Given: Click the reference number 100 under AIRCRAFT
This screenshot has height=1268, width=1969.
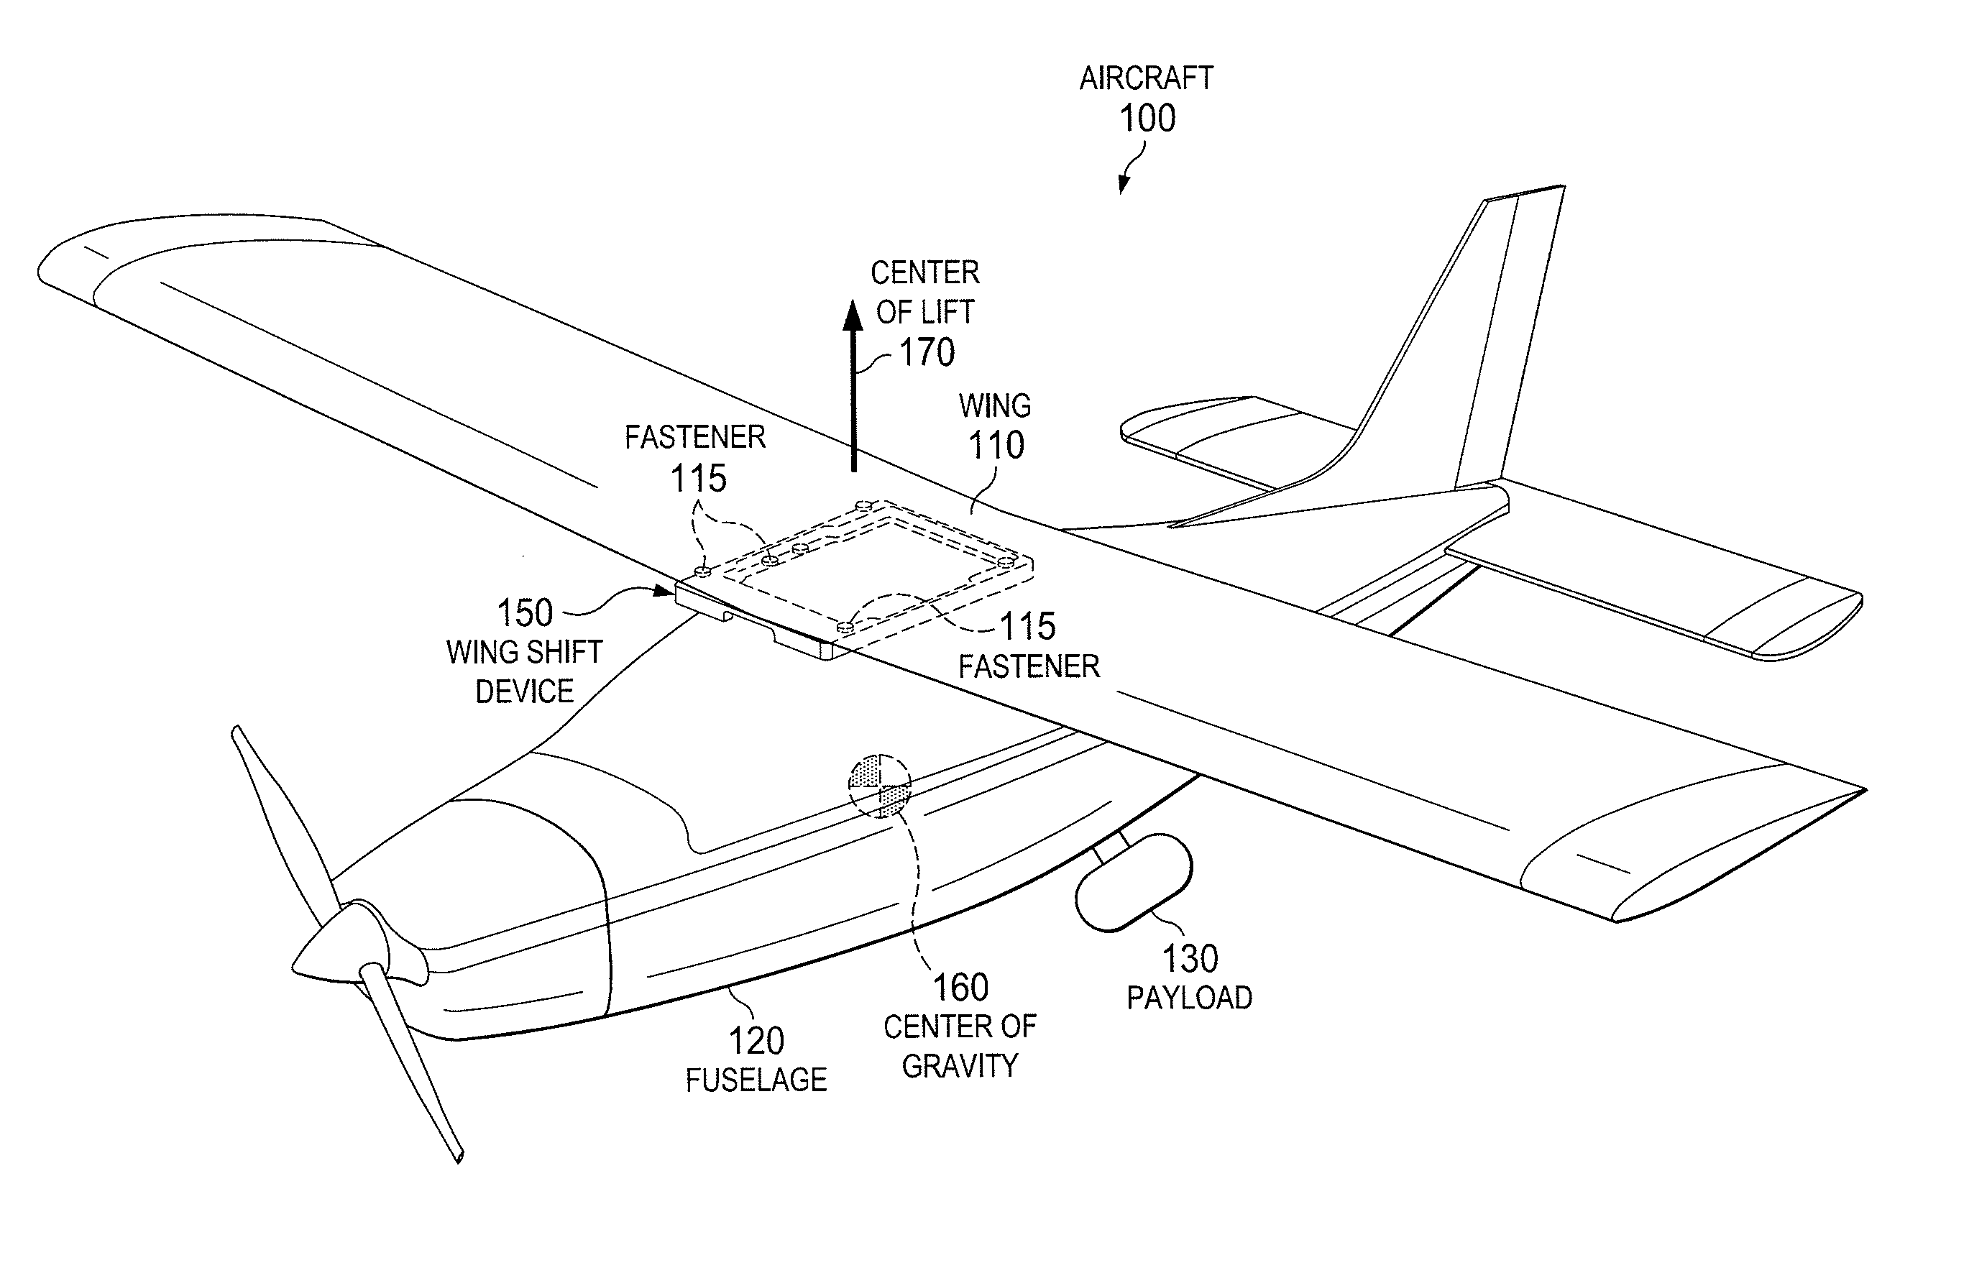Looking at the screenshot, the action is pos(1147,119).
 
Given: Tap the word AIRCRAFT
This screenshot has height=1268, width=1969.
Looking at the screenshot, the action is pos(1147,78).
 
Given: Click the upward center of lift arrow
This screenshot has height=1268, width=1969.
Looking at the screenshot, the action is pos(853,385).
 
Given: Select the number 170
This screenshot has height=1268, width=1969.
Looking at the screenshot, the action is pos(927,352).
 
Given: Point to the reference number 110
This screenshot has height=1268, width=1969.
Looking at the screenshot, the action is pos(996,446).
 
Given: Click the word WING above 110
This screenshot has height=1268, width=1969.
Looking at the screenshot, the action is pos(995,406).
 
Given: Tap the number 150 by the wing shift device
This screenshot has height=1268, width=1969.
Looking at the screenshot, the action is pos(525,612).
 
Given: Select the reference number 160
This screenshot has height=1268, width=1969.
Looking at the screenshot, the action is pos(960,987).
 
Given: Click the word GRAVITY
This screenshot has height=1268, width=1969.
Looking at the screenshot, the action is pos(960,1066).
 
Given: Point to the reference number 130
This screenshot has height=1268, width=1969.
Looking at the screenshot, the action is pos(1190,958).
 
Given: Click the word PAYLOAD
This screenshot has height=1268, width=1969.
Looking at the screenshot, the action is pos(1189,998).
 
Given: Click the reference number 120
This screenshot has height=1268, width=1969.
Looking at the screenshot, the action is pos(757,1041).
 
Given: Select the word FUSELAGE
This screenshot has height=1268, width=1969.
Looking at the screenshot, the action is pos(756,1080).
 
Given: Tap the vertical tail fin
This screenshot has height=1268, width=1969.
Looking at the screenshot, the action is pos(1474,346).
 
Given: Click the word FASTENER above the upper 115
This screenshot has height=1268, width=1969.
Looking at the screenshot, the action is pos(695,437).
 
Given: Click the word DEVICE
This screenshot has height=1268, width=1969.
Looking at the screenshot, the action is pos(525,692).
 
